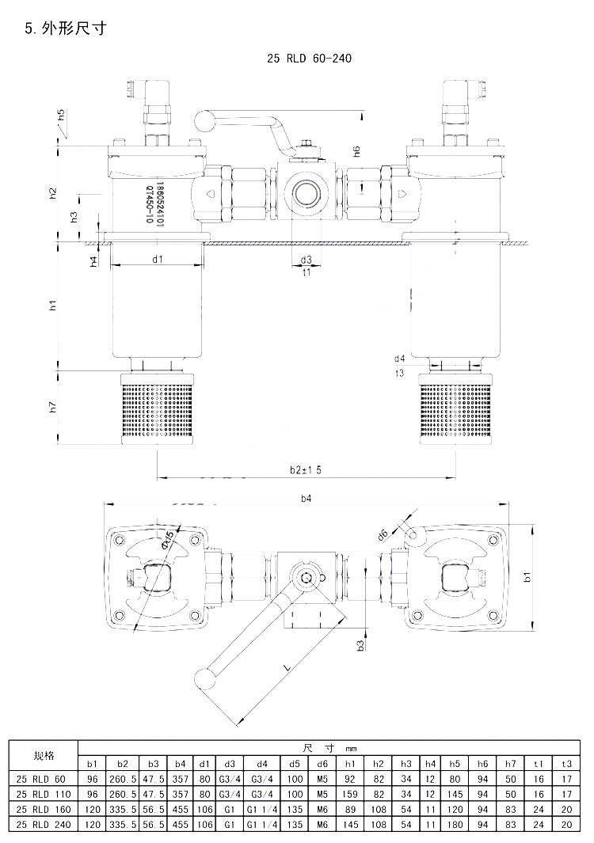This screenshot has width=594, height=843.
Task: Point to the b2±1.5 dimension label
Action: [305, 469]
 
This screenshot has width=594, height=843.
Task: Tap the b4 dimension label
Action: [306, 499]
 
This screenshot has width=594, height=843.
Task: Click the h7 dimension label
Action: [52, 407]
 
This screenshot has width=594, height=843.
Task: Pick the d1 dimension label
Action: [157, 259]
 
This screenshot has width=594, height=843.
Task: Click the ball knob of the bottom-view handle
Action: [205, 678]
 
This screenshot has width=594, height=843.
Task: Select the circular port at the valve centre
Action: [305, 191]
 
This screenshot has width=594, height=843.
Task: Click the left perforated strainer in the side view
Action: [157, 412]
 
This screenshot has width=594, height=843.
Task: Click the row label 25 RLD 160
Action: [44, 809]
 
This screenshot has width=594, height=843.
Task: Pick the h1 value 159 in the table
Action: [349, 794]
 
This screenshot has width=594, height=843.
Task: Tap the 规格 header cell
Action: [44, 755]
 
